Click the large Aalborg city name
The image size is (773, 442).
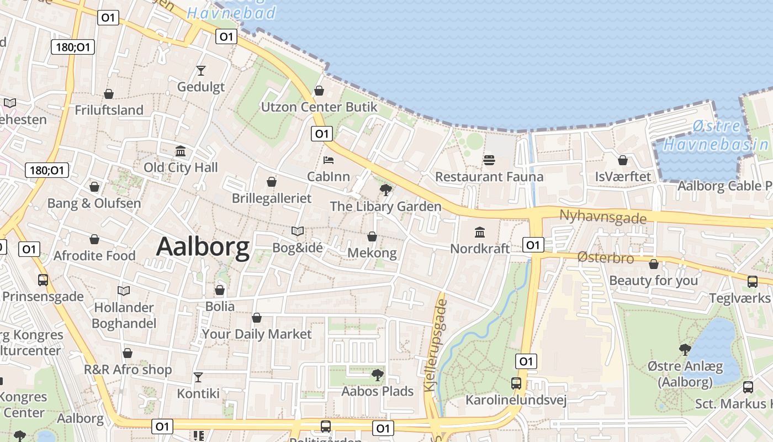[203, 248]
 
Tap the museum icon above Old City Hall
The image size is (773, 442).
[181, 151]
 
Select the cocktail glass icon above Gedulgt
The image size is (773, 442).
[200, 71]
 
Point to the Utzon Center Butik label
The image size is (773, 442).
[319, 107]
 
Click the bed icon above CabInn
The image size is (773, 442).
[329, 160]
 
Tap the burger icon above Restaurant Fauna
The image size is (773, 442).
[489, 160]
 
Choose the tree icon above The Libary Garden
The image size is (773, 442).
[385, 190]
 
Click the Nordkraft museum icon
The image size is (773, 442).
[480, 232]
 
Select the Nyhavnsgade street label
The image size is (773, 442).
[602, 217]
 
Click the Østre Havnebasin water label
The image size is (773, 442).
[716, 136]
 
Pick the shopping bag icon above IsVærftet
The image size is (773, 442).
[623, 160]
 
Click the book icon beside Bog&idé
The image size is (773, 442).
[298, 231]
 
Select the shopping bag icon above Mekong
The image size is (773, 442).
[372, 236]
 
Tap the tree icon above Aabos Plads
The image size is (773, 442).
[377, 375]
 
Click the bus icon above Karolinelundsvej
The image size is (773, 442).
[516, 383]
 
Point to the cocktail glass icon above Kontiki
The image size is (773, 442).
[198, 377]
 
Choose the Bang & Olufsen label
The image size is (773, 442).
[94, 203]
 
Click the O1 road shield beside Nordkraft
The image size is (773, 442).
[533, 245]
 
